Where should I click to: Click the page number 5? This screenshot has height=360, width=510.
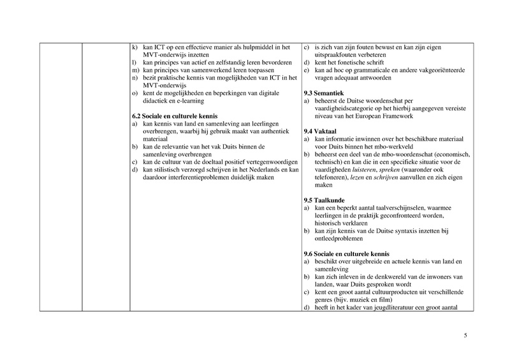point(465,336)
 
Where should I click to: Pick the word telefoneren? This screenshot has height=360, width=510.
point(333,177)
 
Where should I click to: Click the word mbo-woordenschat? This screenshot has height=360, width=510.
point(411,154)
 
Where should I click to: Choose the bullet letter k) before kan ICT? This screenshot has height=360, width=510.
point(135,47)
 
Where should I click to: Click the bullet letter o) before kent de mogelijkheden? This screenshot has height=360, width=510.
point(135,93)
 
